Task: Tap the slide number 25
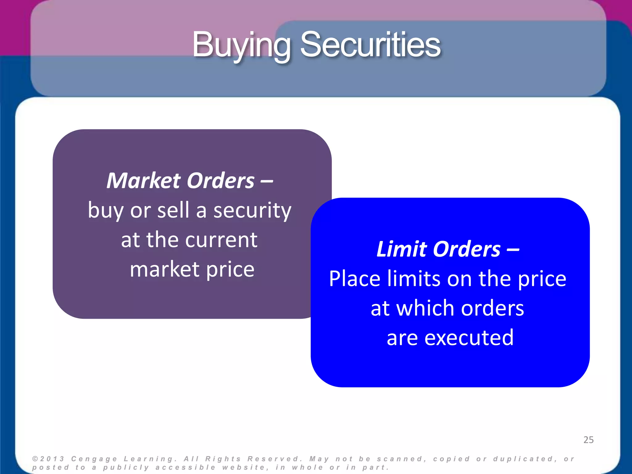588,440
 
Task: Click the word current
221,240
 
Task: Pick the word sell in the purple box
173,210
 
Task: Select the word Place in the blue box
355,279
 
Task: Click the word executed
469,338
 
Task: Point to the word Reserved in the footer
275,459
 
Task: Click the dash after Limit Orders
513,250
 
